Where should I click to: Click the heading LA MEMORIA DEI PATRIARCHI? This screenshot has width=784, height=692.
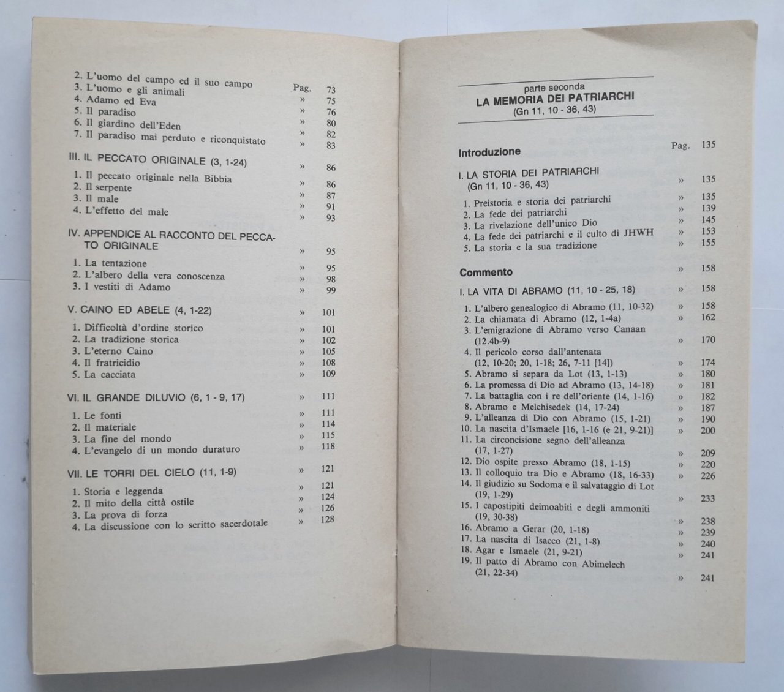(x=554, y=98)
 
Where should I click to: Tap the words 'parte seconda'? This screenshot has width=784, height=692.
(x=554, y=87)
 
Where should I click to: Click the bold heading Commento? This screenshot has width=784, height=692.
(x=486, y=273)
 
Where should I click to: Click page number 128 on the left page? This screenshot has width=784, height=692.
(x=328, y=520)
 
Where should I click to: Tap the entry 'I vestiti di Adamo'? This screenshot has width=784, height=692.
(x=127, y=287)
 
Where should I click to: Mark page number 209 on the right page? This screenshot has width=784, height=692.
(x=707, y=454)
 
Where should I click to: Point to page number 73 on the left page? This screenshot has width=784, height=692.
(x=331, y=90)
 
